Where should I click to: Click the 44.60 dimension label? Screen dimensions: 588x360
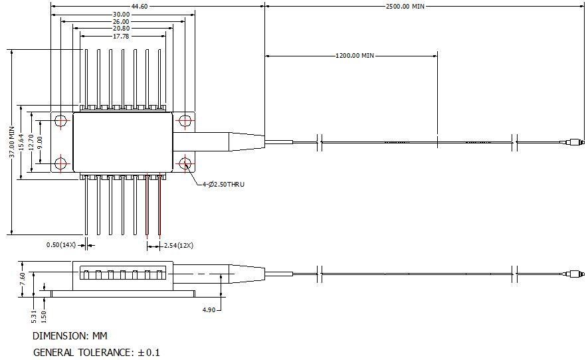point(140,6)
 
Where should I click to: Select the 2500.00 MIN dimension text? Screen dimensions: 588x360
point(405,7)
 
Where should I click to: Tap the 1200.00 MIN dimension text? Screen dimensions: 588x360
point(355,56)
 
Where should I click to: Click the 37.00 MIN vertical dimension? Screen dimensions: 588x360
point(13,141)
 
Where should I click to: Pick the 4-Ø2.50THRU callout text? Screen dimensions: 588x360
point(223,184)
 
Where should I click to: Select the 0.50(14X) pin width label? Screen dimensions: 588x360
point(61,245)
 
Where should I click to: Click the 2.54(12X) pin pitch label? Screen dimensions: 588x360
point(179,245)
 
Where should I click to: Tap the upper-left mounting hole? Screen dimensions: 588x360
point(60,121)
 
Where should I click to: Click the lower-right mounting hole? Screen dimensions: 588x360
point(185,163)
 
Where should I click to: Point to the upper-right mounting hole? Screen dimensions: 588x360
point(185,121)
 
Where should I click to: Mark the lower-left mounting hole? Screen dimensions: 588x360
point(60,163)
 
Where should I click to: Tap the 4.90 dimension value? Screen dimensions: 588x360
point(209,310)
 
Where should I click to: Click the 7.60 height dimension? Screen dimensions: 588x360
point(22,279)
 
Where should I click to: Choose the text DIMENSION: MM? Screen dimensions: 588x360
point(70,335)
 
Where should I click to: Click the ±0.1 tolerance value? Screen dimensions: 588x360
point(149,353)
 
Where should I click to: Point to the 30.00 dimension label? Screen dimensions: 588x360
point(121,15)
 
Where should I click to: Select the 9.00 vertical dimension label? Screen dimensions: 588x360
point(40,142)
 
